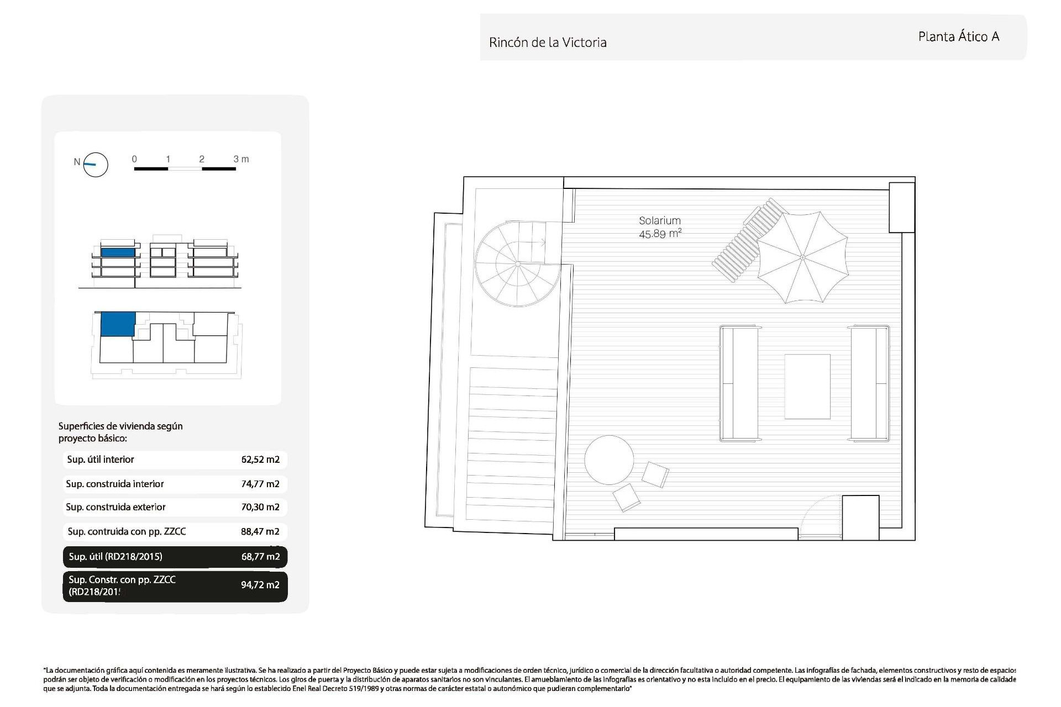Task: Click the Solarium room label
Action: click(659, 220)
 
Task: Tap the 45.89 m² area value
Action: click(660, 234)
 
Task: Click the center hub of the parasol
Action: click(802, 257)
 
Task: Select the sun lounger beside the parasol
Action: click(746, 240)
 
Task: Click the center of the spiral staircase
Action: click(518, 264)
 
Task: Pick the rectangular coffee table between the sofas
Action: click(807, 387)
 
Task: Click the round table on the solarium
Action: click(609, 460)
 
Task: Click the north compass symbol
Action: click(95, 165)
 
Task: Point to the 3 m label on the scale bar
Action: click(241, 159)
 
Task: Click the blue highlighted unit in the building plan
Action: click(118, 324)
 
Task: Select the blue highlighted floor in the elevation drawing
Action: click(118, 252)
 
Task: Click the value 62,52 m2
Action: click(260, 460)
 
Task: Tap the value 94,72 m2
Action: click(260, 585)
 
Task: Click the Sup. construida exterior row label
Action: click(115, 507)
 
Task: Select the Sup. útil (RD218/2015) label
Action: click(115, 557)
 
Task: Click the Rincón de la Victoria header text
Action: click(548, 43)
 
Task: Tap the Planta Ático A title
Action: click(958, 37)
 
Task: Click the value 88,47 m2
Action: click(260, 532)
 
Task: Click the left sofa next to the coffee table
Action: click(738, 383)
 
